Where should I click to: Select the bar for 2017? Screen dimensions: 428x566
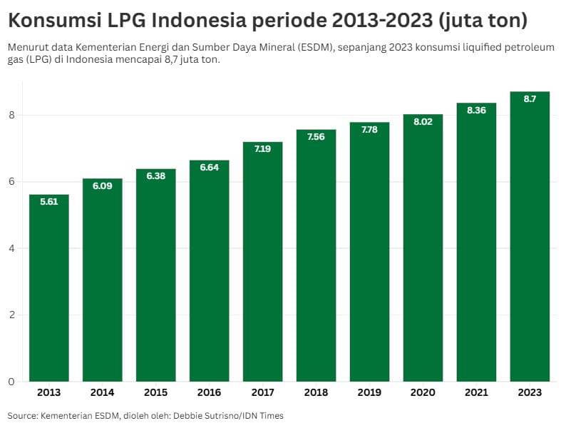click(x=262, y=261)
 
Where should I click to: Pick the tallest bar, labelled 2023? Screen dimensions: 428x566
click(x=530, y=236)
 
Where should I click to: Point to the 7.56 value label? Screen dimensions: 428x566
click(x=316, y=136)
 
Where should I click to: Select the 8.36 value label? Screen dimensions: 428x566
click(x=476, y=110)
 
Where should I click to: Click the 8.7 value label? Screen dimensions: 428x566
click(x=530, y=99)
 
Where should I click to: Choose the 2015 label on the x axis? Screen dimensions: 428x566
click(x=155, y=393)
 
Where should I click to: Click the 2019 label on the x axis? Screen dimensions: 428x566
click(x=369, y=393)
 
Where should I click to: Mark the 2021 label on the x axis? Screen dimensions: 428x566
click(x=476, y=393)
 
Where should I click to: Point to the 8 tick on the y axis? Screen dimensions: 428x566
click(x=11, y=116)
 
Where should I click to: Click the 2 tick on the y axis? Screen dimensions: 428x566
click(x=11, y=315)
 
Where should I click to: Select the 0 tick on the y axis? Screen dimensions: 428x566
click(x=11, y=382)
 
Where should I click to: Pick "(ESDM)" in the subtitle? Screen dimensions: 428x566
click(x=304, y=48)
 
